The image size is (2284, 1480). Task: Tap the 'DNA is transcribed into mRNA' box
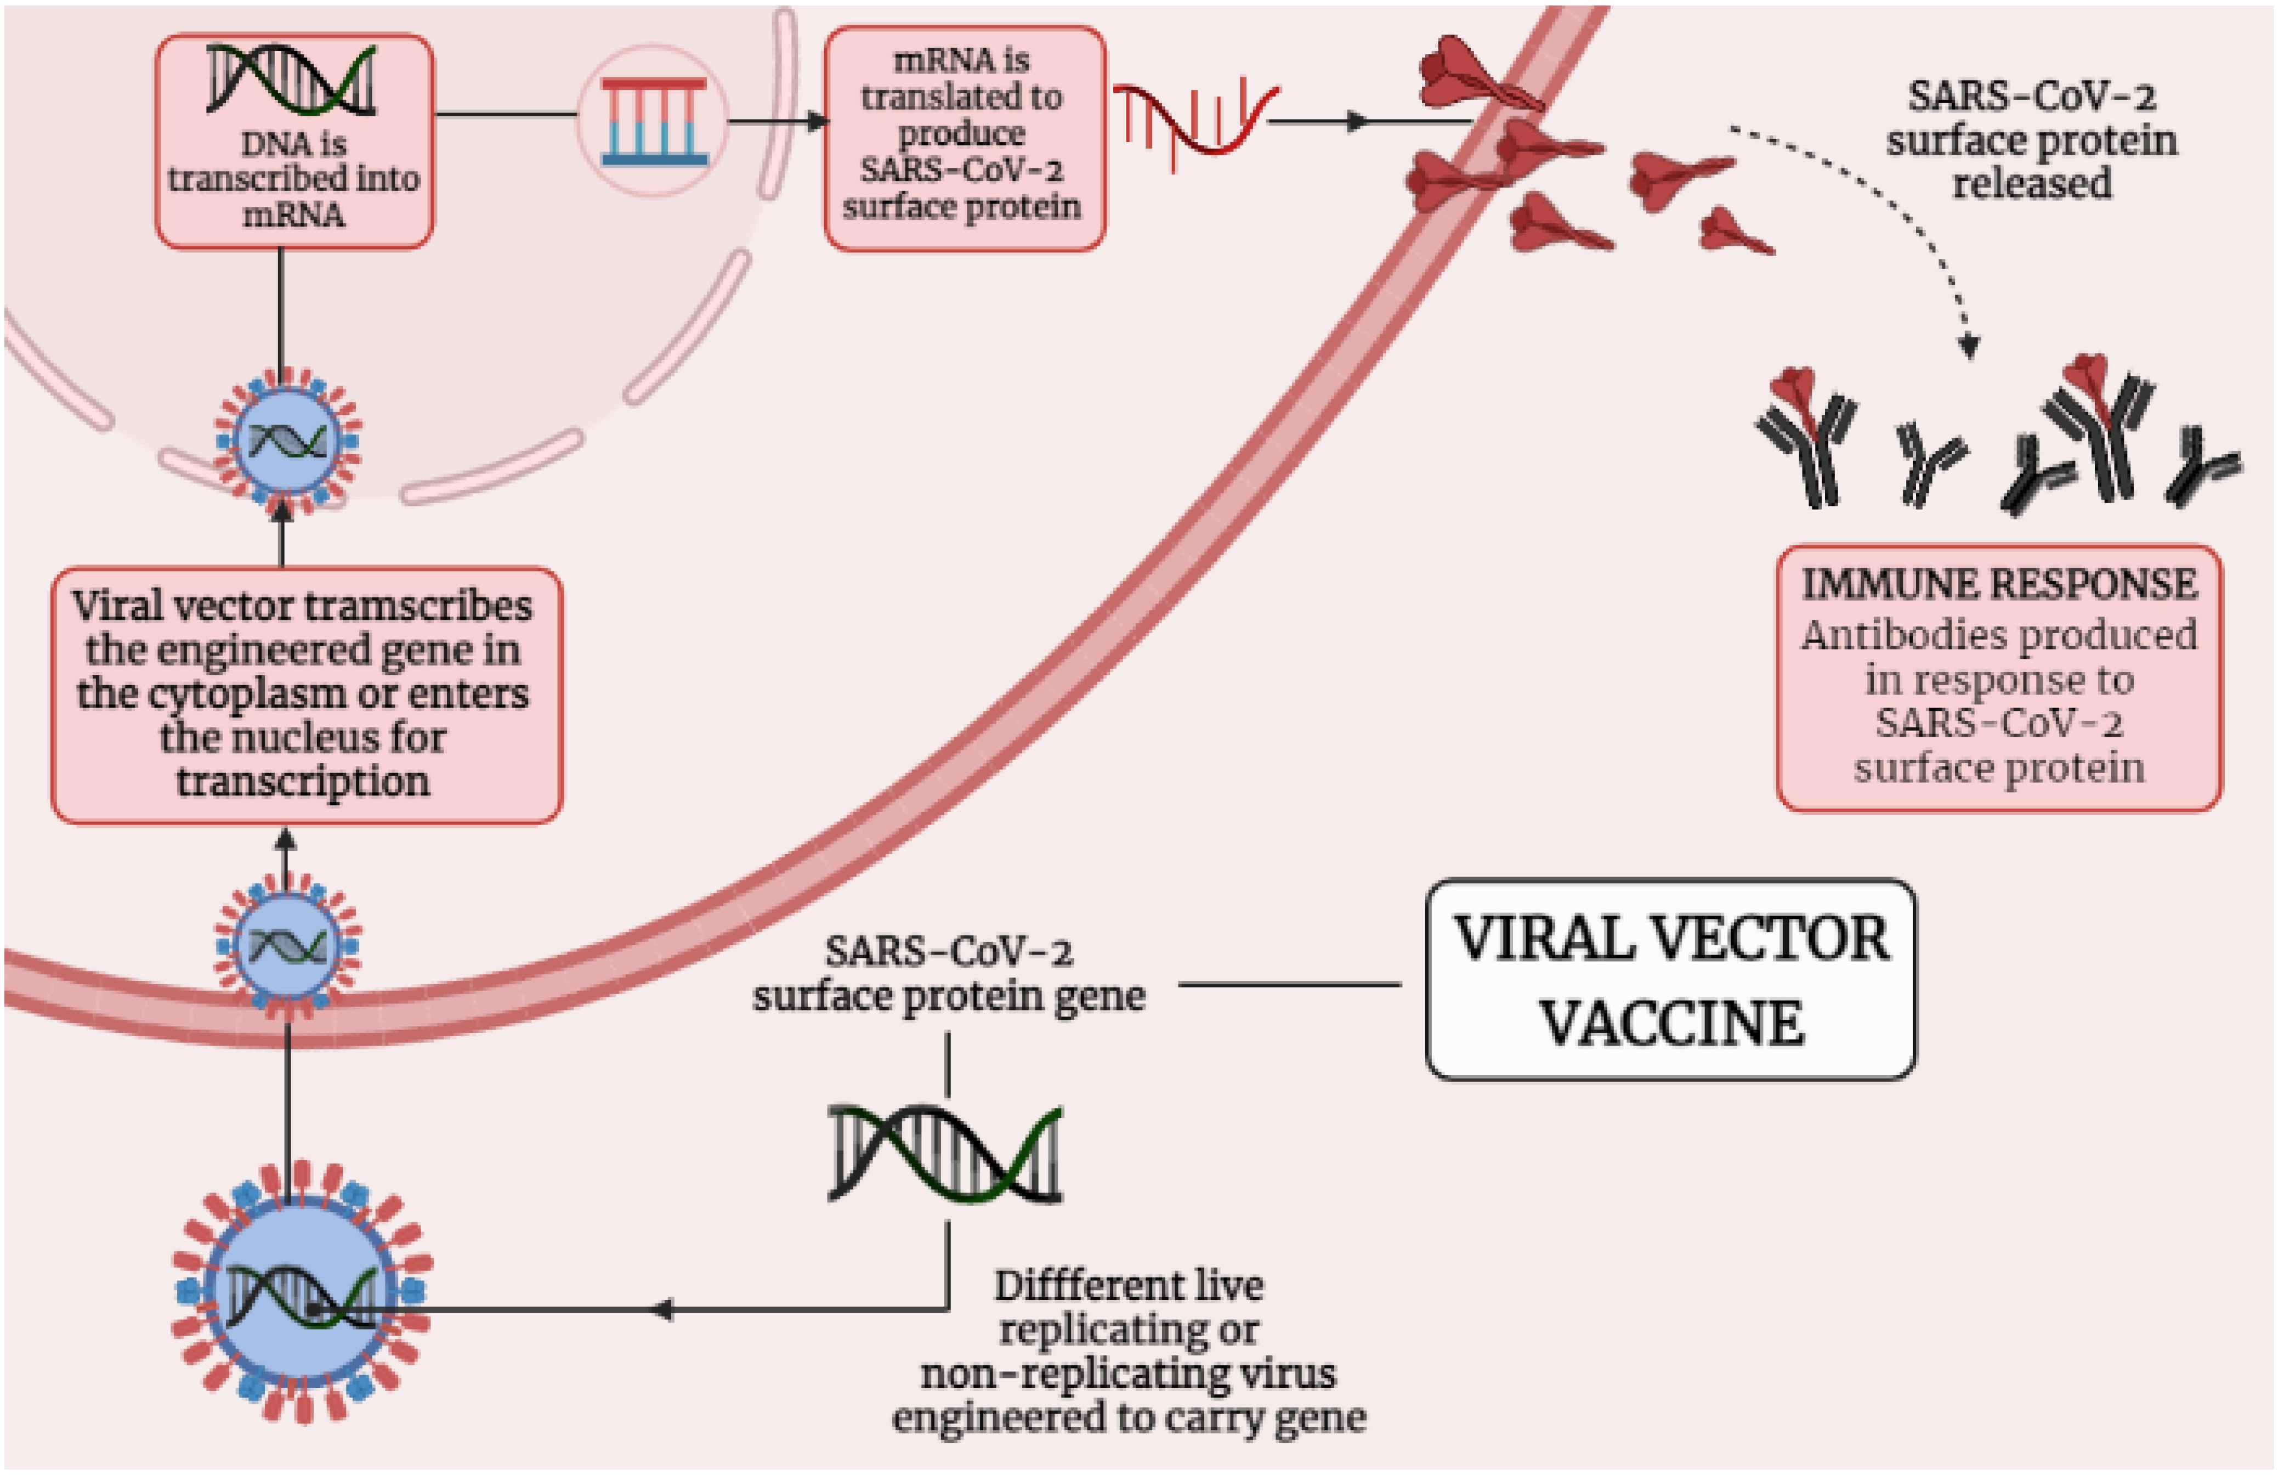pos(294,142)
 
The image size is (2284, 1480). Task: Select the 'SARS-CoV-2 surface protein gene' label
pos(948,974)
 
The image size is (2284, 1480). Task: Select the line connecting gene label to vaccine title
pos(1289,984)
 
